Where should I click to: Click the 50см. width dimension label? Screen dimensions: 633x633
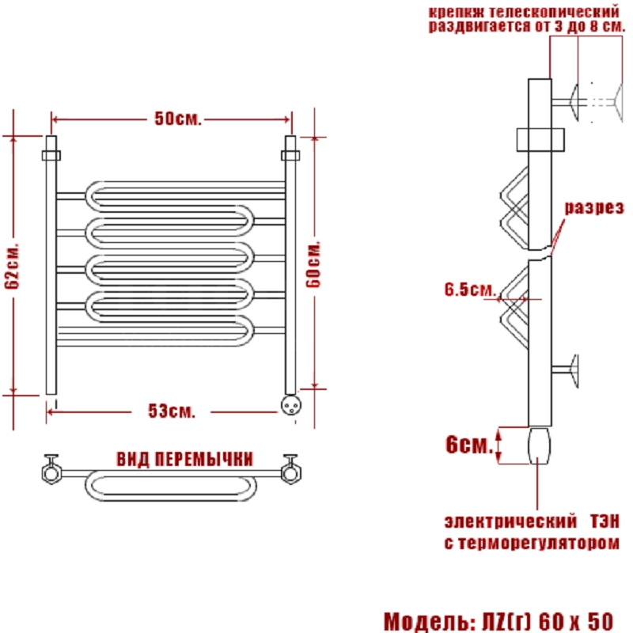coord(177,119)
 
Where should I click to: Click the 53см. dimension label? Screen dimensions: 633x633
coord(172,411)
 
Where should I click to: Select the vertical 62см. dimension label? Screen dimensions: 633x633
coord(12,266)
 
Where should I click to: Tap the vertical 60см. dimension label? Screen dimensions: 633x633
coord(313,264)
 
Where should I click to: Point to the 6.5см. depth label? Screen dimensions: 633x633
coord(470,290)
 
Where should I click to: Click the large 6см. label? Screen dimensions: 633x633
coord(469,445)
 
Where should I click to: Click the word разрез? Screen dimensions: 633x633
coord(594,207)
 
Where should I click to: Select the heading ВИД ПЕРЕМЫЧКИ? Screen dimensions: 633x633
coord(185,459)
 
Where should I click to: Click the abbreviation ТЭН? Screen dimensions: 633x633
coord(605,521)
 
